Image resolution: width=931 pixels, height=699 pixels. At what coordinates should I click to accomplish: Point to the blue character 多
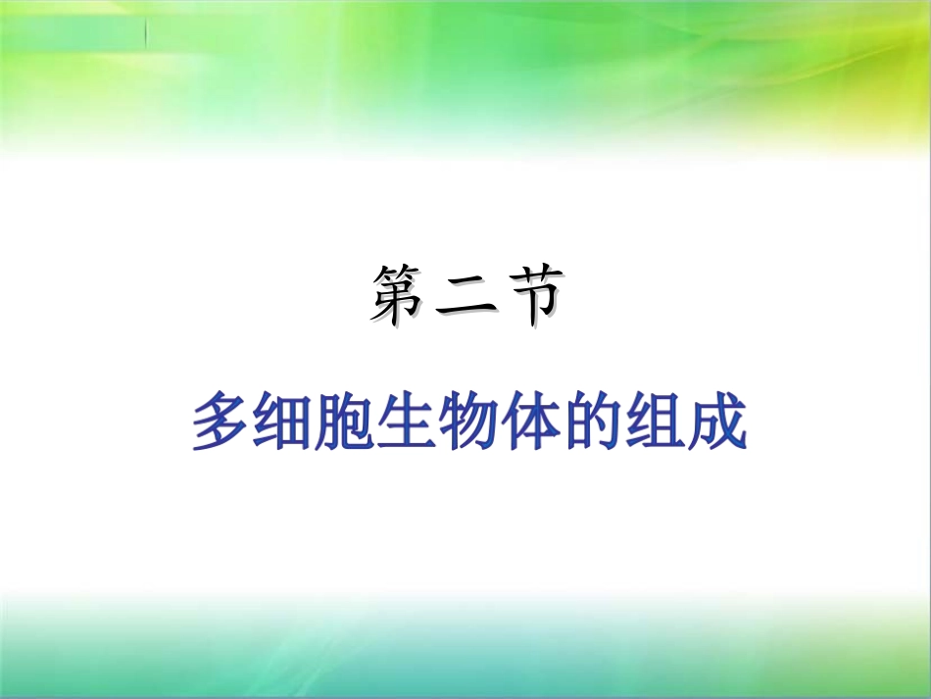pyautogui.click(x=220, y=422)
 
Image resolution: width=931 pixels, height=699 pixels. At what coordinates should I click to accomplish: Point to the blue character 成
pyautogui.click(x=715, y=422)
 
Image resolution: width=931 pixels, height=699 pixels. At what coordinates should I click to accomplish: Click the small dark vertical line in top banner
pyautogui.click(x=146, y=34)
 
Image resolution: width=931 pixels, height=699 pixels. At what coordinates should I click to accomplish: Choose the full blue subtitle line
pyautogui.click(x=468, y=422)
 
